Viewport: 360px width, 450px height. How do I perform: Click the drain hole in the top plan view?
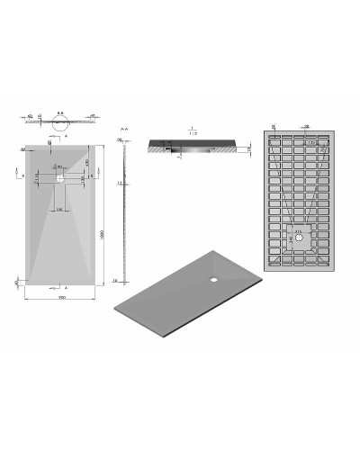[x=59, y=178]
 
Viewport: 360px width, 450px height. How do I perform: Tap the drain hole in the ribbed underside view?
[x=298, y=238]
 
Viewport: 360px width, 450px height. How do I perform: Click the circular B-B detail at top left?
[x=60, y=126]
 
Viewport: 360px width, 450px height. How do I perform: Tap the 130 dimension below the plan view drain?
[x=60, y=208]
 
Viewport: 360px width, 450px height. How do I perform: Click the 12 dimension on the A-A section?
[x=118, y=184]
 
